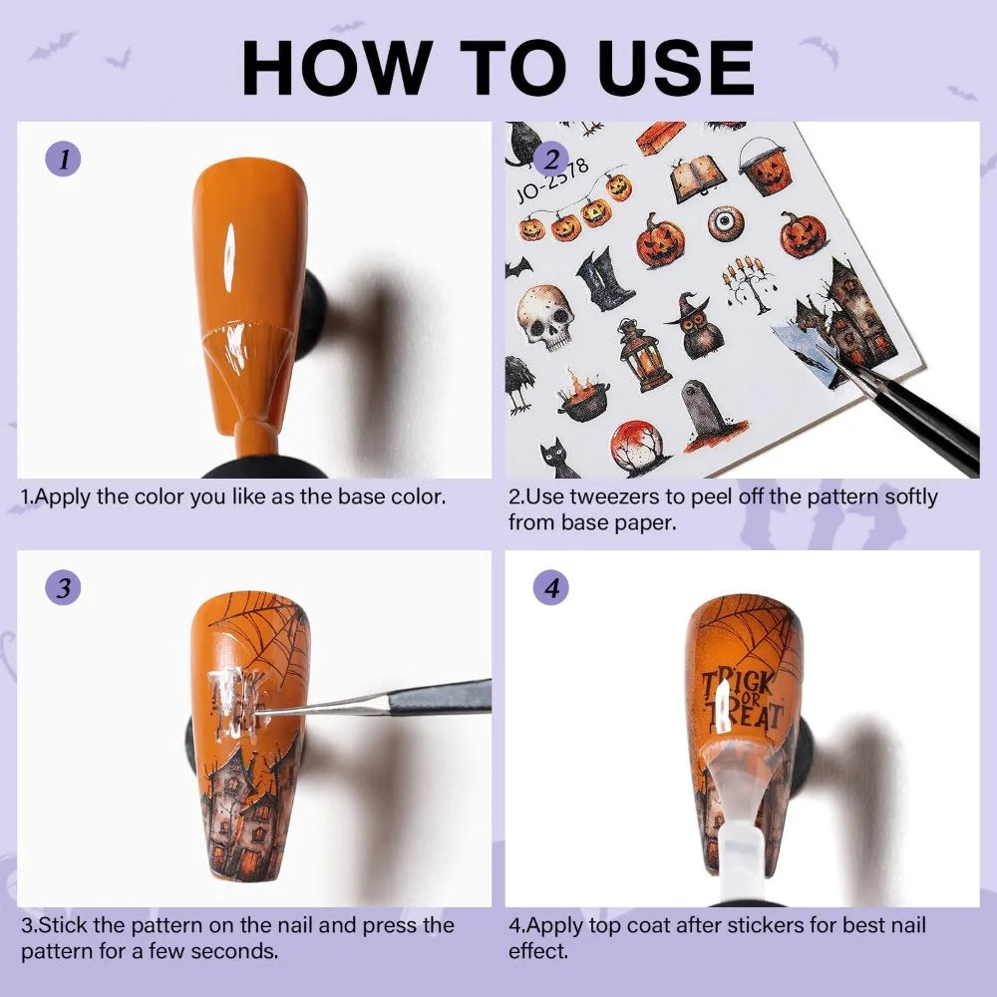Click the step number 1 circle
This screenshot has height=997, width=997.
click(63, 159)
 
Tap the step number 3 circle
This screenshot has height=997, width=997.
click(63, 587)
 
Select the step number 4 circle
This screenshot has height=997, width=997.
click(550, 587)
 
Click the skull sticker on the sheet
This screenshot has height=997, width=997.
click(545, 317)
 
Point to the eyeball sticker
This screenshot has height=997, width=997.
click(726, 222)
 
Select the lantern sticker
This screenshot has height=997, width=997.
click(643, 355)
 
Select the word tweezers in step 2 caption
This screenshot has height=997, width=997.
click(615, 497)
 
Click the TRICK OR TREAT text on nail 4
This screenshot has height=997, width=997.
click(742, 700)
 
